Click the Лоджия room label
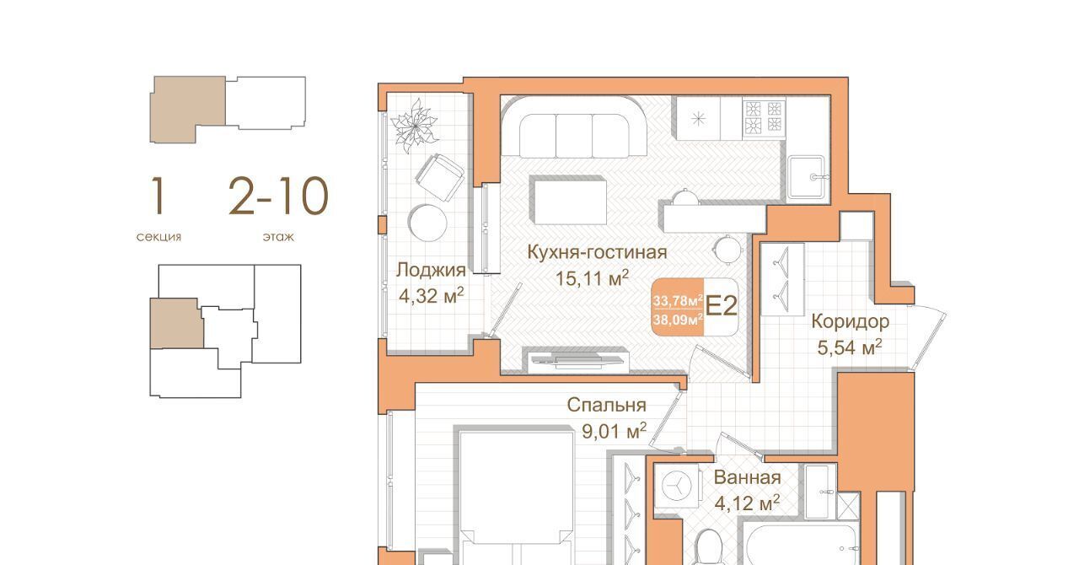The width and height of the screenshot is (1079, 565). click(x=431, y=270)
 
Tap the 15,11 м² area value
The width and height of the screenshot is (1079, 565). click(x=592, y=278)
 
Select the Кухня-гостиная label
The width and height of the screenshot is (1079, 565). click(x=597, y=252)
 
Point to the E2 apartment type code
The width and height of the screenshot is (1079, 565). click(x=721, y=306)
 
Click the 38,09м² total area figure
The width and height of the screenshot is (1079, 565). click(x=678, y=319)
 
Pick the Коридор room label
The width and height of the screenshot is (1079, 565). click(x=851, y=321)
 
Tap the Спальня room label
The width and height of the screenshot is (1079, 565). click(x=606, y=405)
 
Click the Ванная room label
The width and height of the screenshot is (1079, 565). click(x=747, y=477)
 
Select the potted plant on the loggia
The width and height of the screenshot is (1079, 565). click(x=414, y=126)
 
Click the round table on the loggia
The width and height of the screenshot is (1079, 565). click(x=427, y=223)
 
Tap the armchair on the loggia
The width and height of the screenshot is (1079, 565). click(x=440, y=177)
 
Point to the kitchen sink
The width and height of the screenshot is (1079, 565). click(x=808, y=177)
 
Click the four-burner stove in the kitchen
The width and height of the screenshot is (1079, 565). click(x=764, y=117)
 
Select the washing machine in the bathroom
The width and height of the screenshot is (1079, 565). click(x=677, y=485)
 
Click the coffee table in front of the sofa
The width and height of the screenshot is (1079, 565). click(x=568, y=200)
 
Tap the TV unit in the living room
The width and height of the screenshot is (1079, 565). click(x=578, y=362)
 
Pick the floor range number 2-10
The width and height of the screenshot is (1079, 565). click(x=278, y=196)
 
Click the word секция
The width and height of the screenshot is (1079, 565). click(x=159, y=237)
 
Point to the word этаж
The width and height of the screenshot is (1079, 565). click(x=278, y=237)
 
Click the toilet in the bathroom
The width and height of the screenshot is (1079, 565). click(x=709, y=548)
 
